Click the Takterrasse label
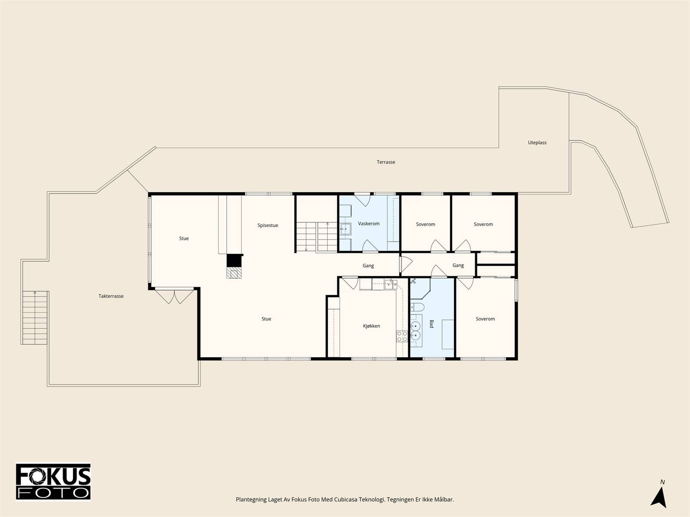click(111, 296)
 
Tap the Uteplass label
click(537, 143)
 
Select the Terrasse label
click(386, 162)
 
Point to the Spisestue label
click(268, 225)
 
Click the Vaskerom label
click(369, 224)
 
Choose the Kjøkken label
click(372, 326)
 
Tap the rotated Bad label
click(432, 324)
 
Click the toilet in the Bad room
click(417, 307)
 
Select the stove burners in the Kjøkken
click(402, 336)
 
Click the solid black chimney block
click(235, 261)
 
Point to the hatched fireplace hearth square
click(234, 273)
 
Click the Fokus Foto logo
click(53, 482)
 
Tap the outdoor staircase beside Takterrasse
click(35, 318)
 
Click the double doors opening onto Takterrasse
click(175, 296)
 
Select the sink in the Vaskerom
click(345, 229)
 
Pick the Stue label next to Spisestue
click(184, 239)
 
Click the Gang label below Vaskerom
click(368, 266)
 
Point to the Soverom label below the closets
click(485, 319)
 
